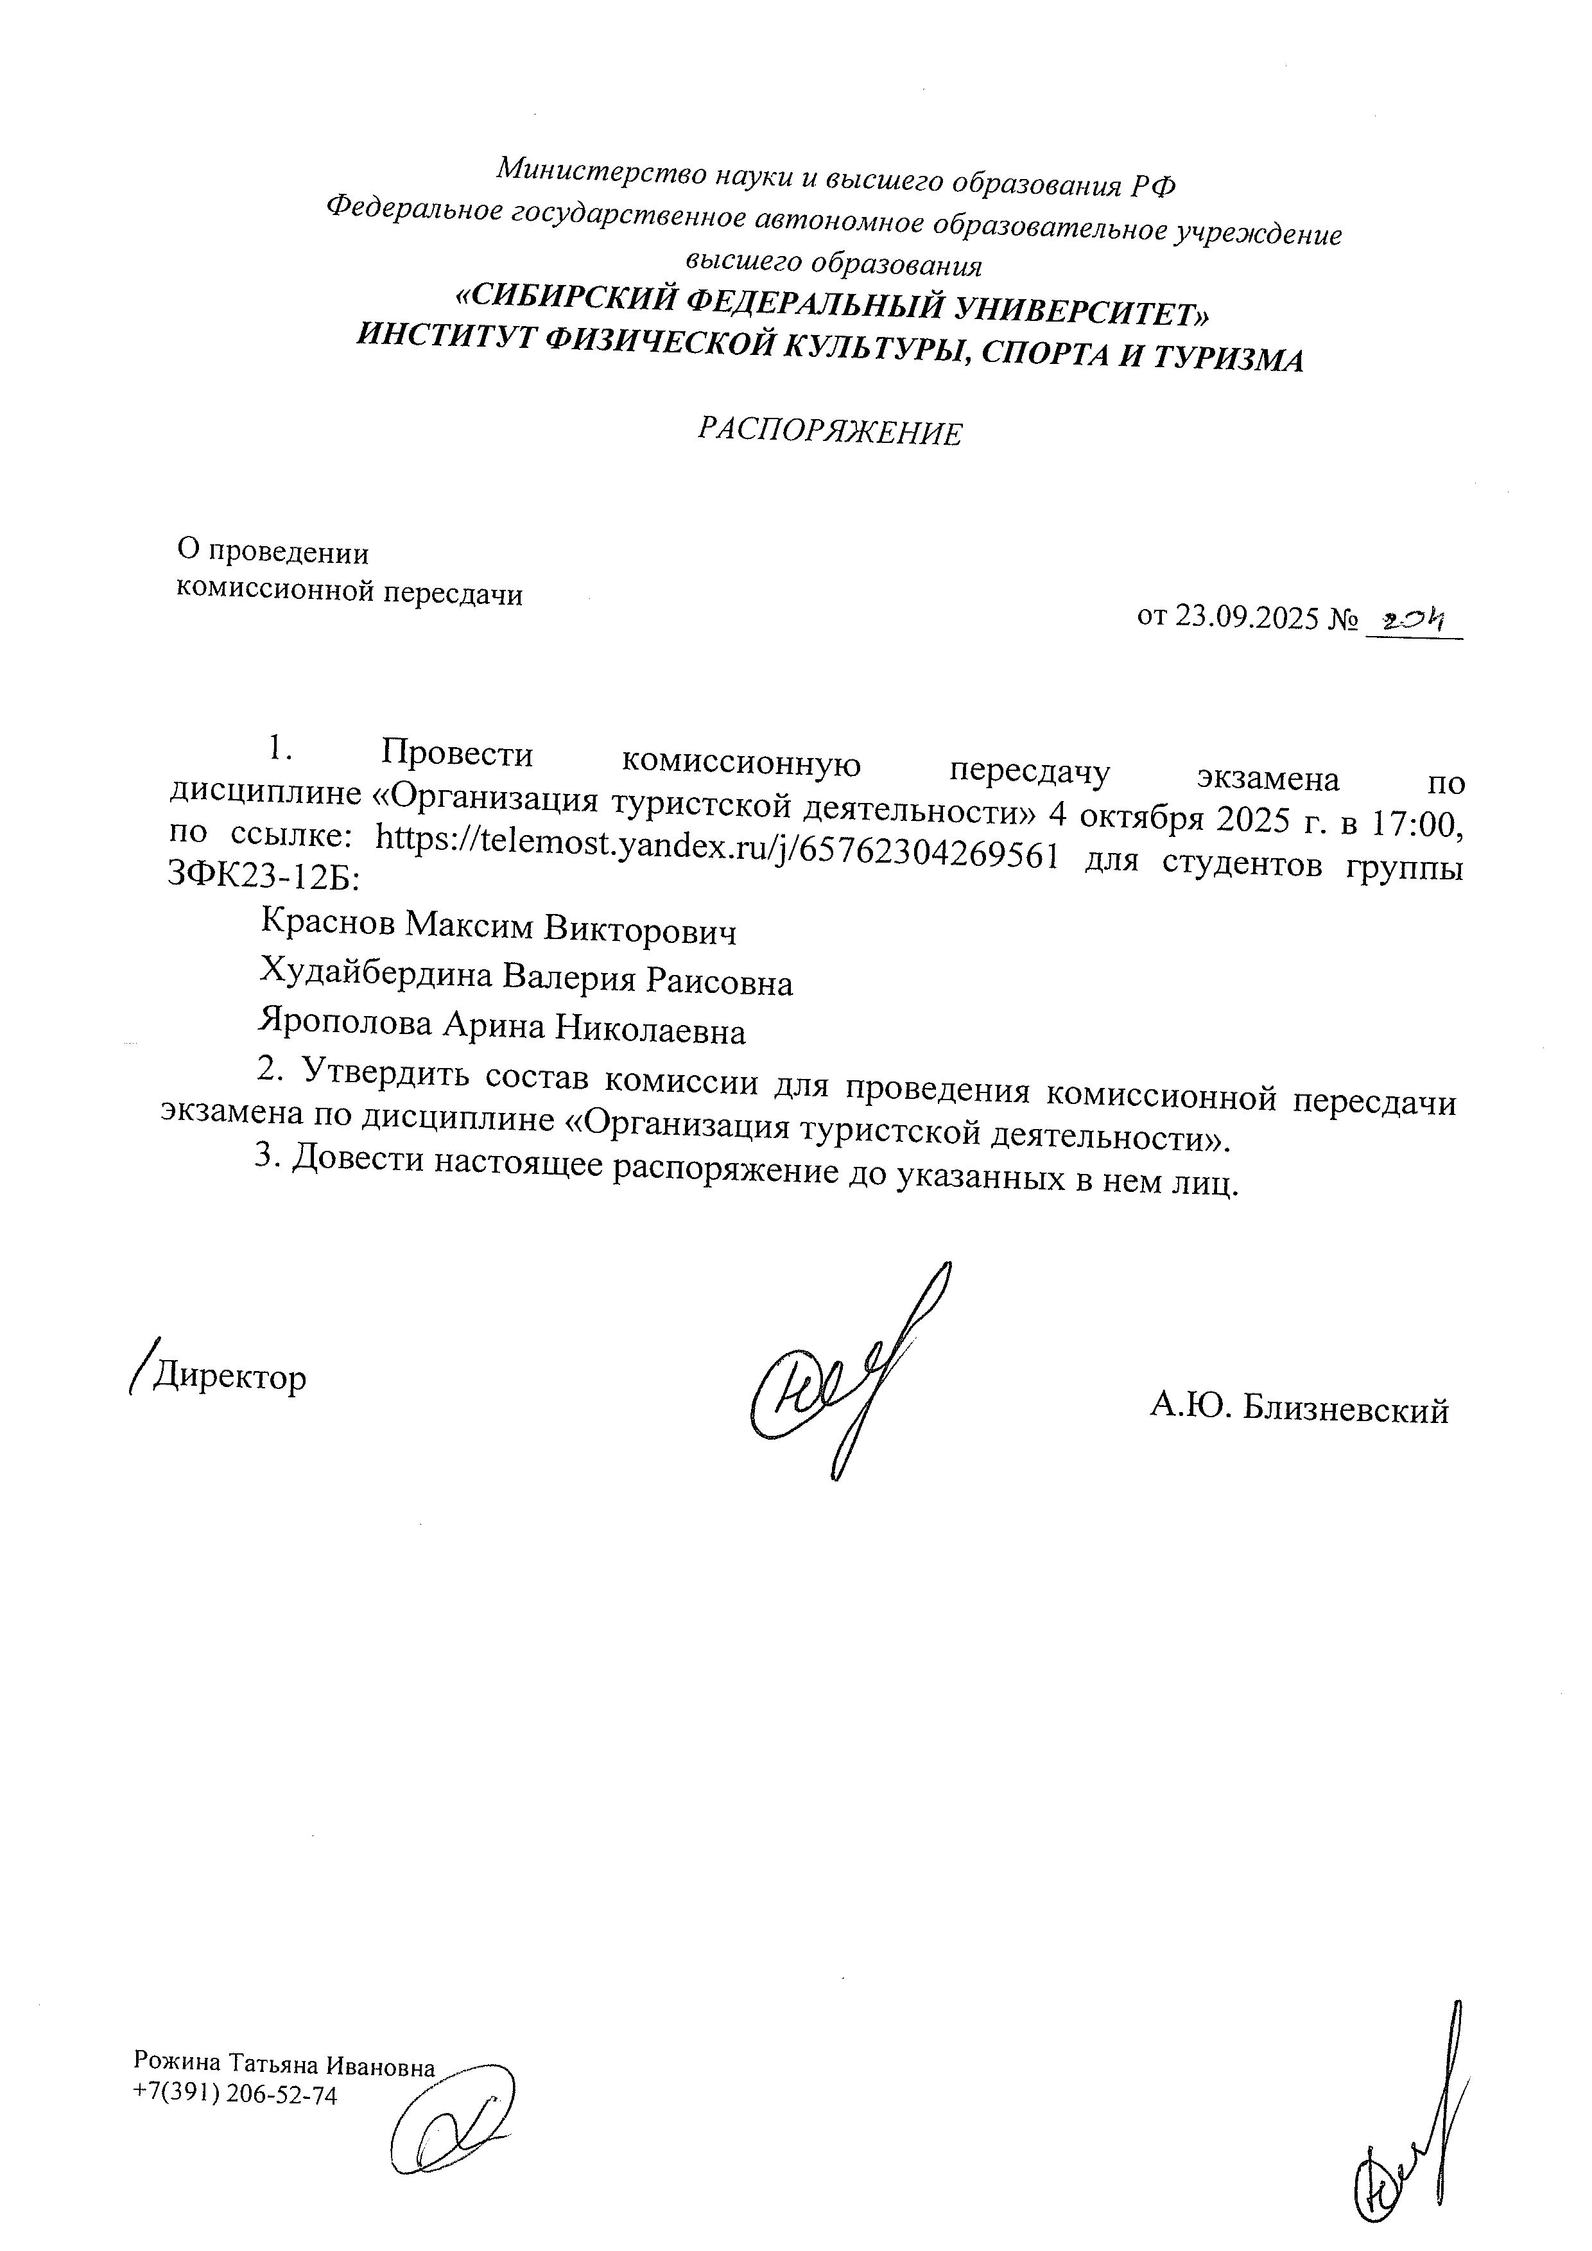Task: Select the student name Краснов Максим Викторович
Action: [x=498, y=926]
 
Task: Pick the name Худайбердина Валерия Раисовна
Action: [x=526, y=978]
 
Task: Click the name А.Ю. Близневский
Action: [x=1299, y=1410]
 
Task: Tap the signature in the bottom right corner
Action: [x=1412, y=2137]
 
